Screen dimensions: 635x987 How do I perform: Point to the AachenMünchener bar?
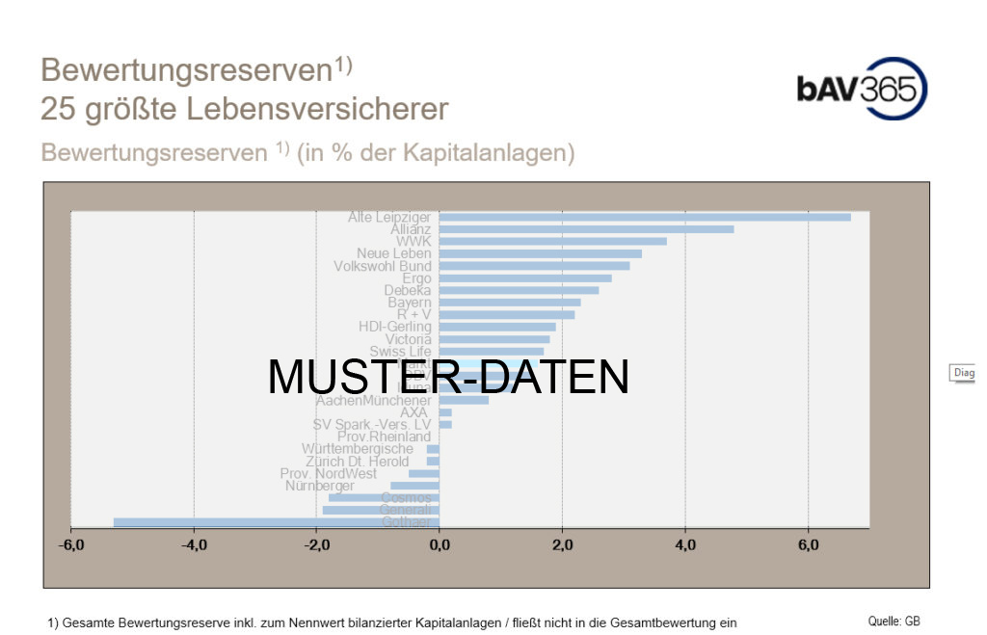464,400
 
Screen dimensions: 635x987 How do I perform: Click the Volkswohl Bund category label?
383,266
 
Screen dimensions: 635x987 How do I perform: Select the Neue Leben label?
394,253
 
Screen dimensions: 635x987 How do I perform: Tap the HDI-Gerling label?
395,327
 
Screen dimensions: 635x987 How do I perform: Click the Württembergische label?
357,449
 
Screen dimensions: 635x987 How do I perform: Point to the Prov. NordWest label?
329,474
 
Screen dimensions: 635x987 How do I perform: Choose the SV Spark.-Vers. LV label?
372,425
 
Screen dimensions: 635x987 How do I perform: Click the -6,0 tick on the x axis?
71,546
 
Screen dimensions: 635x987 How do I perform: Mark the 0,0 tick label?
440,546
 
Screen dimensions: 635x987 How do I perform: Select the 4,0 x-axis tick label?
684,546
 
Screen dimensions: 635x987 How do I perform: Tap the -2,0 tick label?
316,546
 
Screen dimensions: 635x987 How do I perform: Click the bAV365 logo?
862,89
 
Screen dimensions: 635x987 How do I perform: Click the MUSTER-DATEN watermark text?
448,377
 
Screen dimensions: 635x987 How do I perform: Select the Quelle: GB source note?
894,622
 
